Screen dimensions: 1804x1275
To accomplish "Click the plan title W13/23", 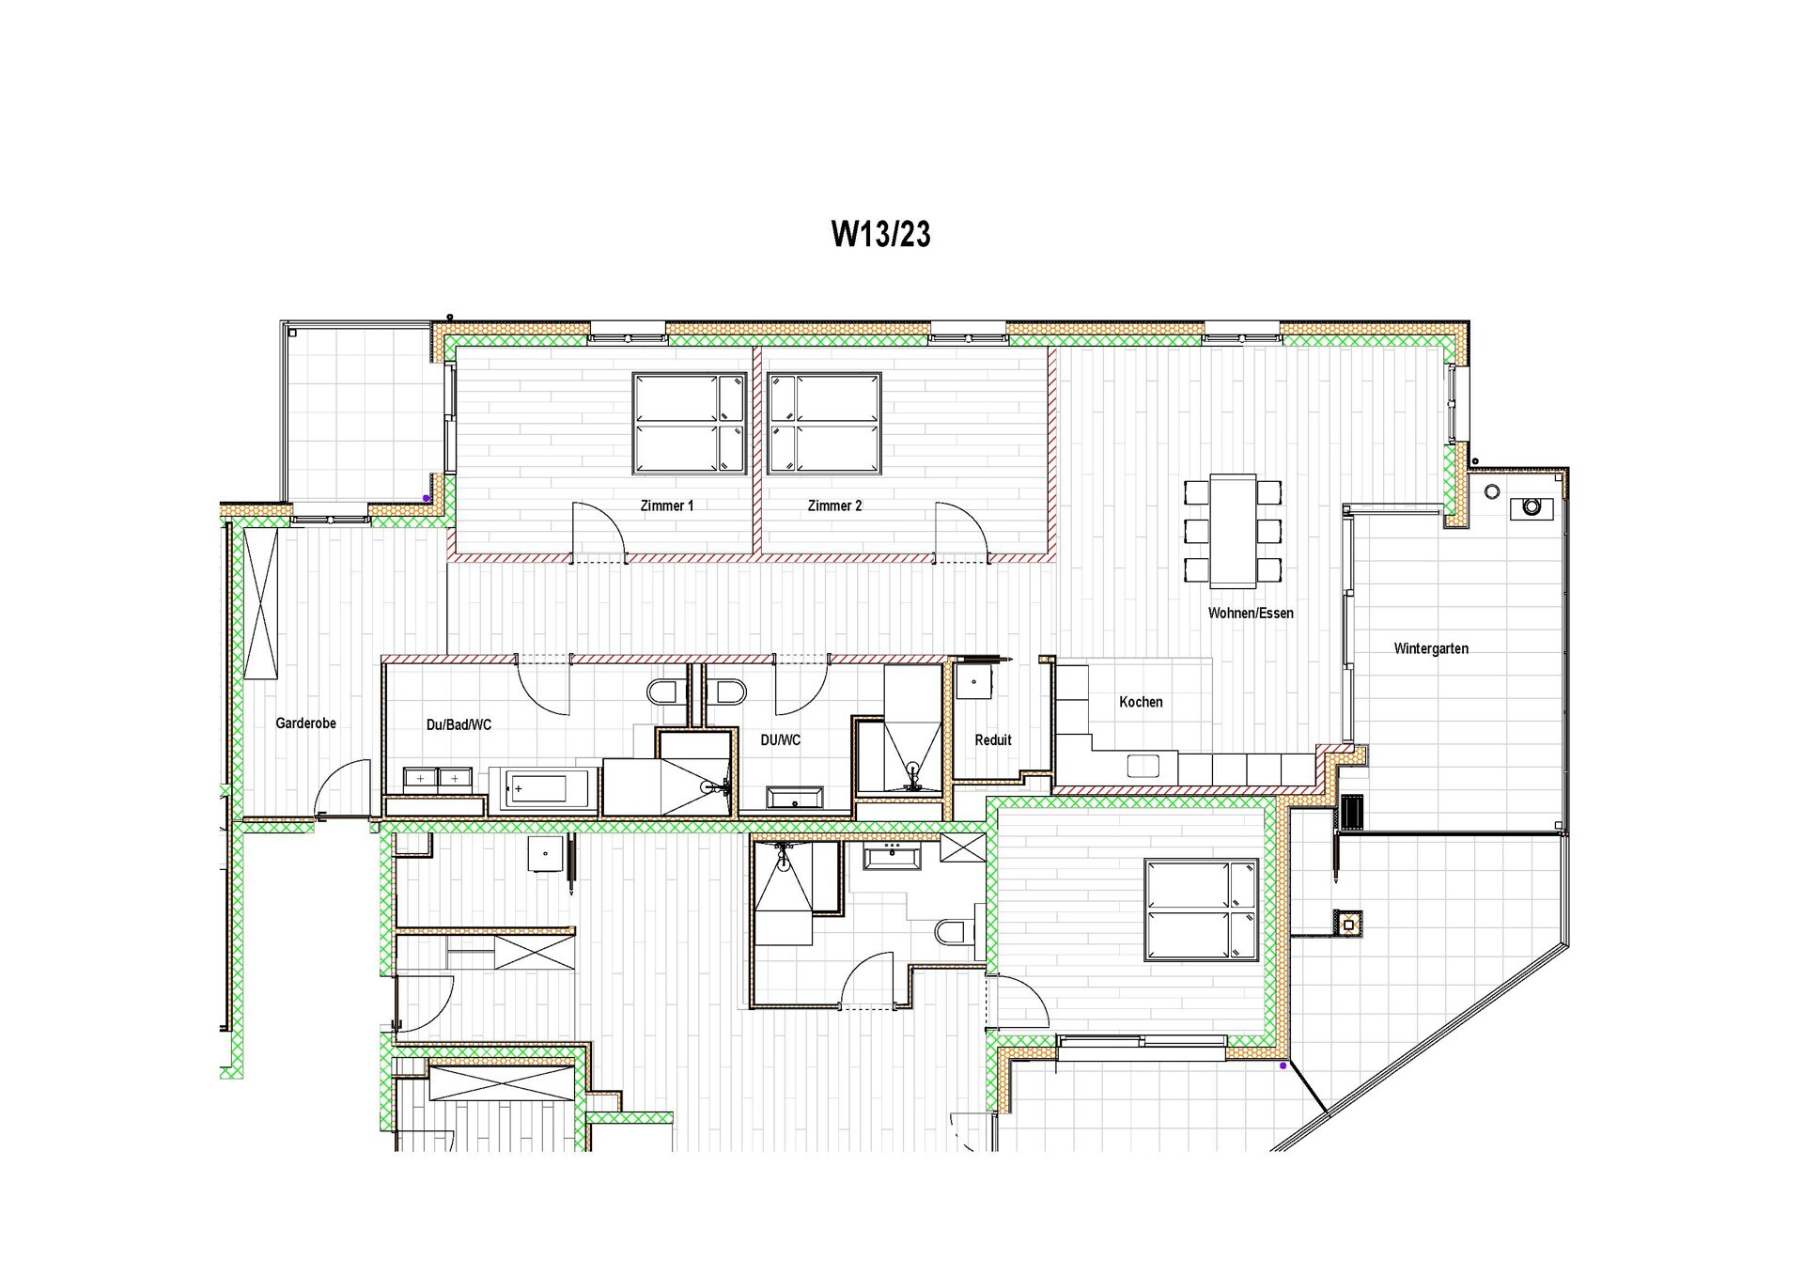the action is click(880, 234).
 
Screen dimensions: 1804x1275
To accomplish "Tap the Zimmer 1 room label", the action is click(667, 505).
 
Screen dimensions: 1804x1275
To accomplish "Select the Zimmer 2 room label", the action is click(834, 505).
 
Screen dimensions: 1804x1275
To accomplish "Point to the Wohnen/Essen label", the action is click(1251, 613).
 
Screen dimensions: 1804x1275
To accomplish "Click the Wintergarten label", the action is click(1431, 648).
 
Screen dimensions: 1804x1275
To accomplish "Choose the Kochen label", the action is click(1141, 702).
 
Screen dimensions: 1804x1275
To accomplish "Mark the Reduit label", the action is click(993, 740).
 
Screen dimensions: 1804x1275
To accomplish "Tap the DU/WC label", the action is click(781, 740).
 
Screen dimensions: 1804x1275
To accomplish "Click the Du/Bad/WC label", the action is click(459, 724).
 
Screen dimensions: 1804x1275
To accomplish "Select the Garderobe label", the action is click(305, 723).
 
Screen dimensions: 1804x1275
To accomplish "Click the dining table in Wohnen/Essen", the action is click(1233, 531).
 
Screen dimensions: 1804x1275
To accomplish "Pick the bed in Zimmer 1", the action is click(690, 423).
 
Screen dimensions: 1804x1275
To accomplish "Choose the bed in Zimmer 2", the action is click(825, 423).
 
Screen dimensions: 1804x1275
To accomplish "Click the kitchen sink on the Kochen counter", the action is click(1143, 766).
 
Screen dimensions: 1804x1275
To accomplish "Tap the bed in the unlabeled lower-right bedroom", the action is click(1201, 910).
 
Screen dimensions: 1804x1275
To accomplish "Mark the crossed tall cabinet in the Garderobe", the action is click(261, 602).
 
